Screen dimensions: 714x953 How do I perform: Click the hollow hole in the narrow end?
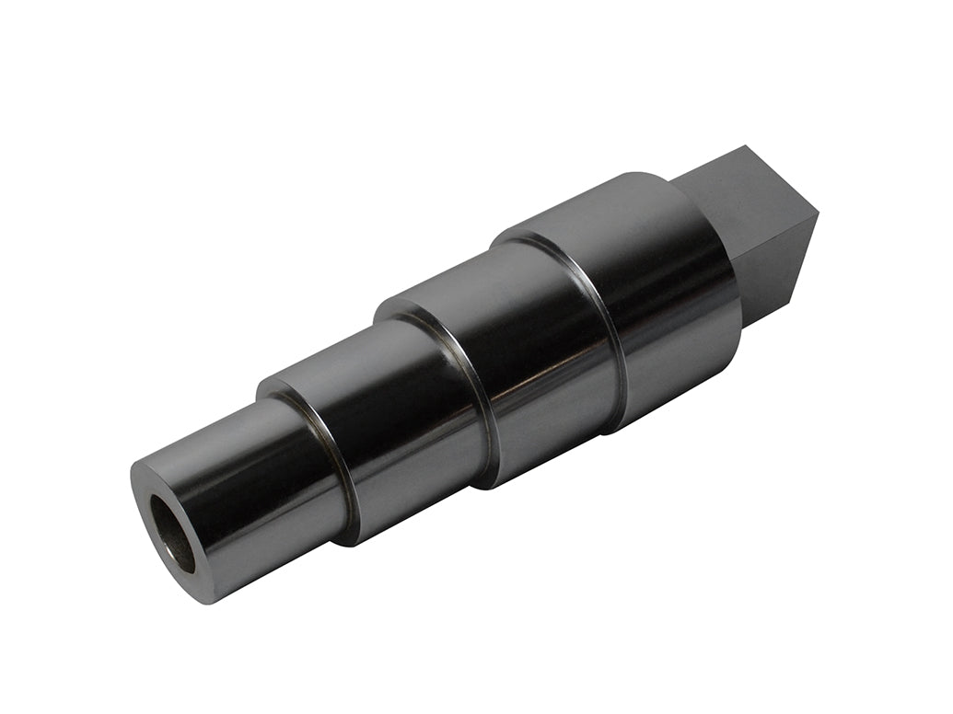click(x=173, y=533)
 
